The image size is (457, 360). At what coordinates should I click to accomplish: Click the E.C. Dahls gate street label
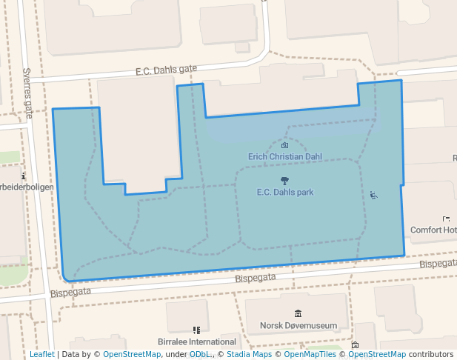coord(166,70)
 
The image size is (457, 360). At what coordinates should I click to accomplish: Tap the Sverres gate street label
coord(28,93)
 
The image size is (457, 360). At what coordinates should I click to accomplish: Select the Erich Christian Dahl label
coord(284,157)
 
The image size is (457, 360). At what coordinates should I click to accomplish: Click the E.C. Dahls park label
coord(284,192)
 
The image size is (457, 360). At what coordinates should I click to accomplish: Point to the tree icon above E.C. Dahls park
coord(284,181)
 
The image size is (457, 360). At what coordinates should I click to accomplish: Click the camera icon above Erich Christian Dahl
coord(284,146)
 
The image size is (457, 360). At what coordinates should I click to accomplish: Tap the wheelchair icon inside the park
coord(373,196)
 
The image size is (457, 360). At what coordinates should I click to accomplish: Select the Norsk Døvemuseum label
coord(298,325)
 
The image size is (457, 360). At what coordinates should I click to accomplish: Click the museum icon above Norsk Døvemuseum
coord(298,314)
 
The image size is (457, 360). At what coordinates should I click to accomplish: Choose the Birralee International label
coord(197,342)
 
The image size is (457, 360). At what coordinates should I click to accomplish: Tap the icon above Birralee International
coord(196,330)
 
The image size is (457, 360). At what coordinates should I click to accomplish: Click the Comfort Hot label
coord(433,230)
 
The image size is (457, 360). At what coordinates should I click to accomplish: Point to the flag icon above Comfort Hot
coord(446,219)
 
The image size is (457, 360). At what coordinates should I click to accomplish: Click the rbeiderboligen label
coord(27,187)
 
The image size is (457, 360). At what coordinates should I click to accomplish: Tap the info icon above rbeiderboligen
coord(24,176)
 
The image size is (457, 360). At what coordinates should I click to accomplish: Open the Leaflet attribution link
coord(41,354)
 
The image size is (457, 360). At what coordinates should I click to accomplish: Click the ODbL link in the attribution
coord(199,354)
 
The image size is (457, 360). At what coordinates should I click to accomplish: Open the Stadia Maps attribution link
coord(248,354)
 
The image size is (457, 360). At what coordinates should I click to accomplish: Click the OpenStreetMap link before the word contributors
coord(376,354)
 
